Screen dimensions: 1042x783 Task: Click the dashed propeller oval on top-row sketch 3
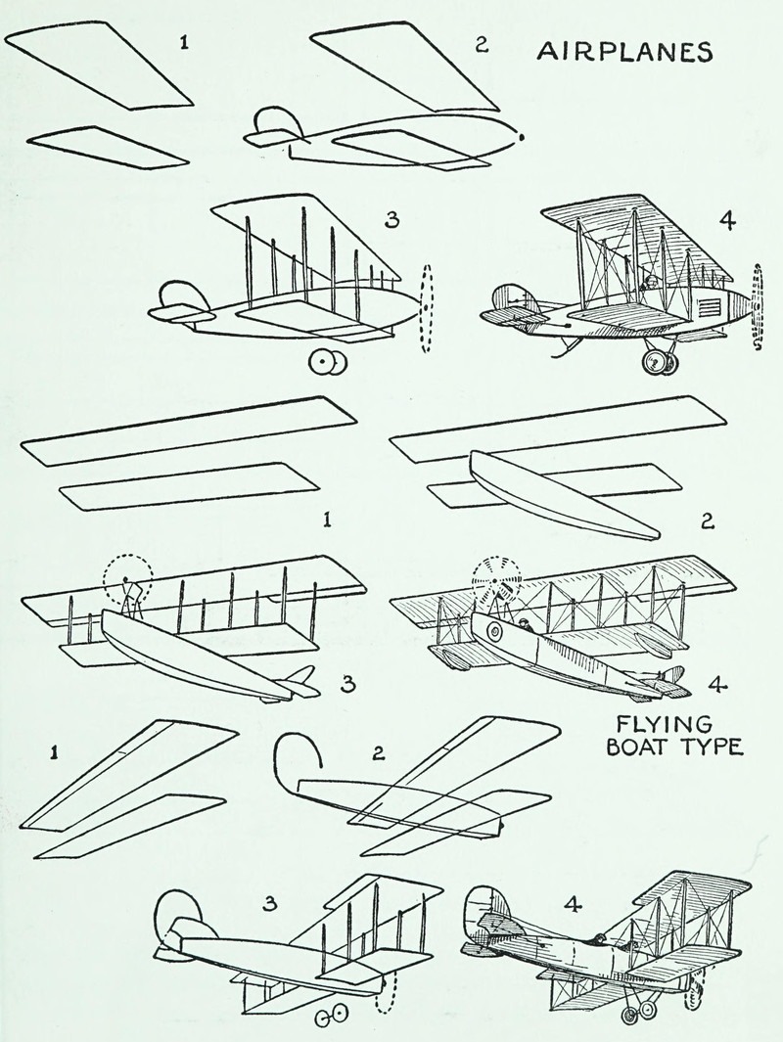[425, 307]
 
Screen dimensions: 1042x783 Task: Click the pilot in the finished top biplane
[646, 285]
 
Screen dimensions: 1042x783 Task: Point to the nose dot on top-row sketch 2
[522, 137]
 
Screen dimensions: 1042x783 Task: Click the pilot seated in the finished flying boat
[525, 623]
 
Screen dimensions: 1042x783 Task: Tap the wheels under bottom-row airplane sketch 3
[331, 1016]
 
